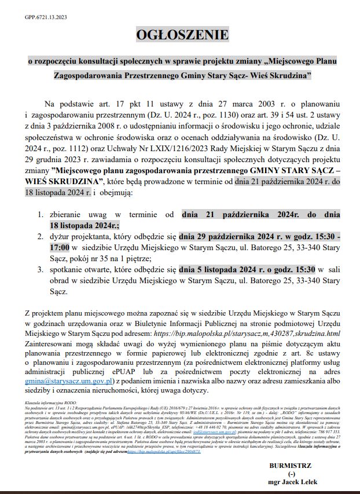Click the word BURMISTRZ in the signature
(x=290, y=466)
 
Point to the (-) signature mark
(x=290, y=474)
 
